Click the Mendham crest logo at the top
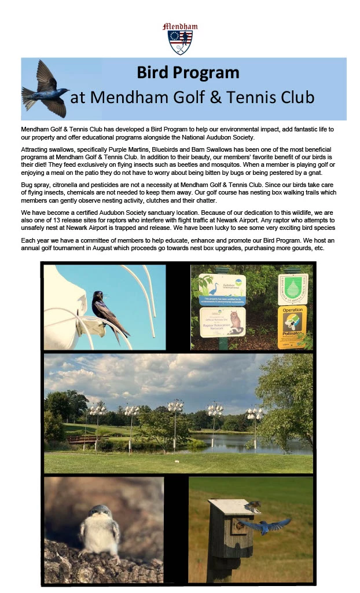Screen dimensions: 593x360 (x=180, y=38)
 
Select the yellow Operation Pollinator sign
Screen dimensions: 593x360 (x=292, y=327)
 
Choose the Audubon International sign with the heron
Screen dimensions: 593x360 (x=222, y=290)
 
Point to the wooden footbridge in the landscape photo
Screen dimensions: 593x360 (x=80, y=440)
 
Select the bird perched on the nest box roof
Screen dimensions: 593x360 (x=253, y=507)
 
